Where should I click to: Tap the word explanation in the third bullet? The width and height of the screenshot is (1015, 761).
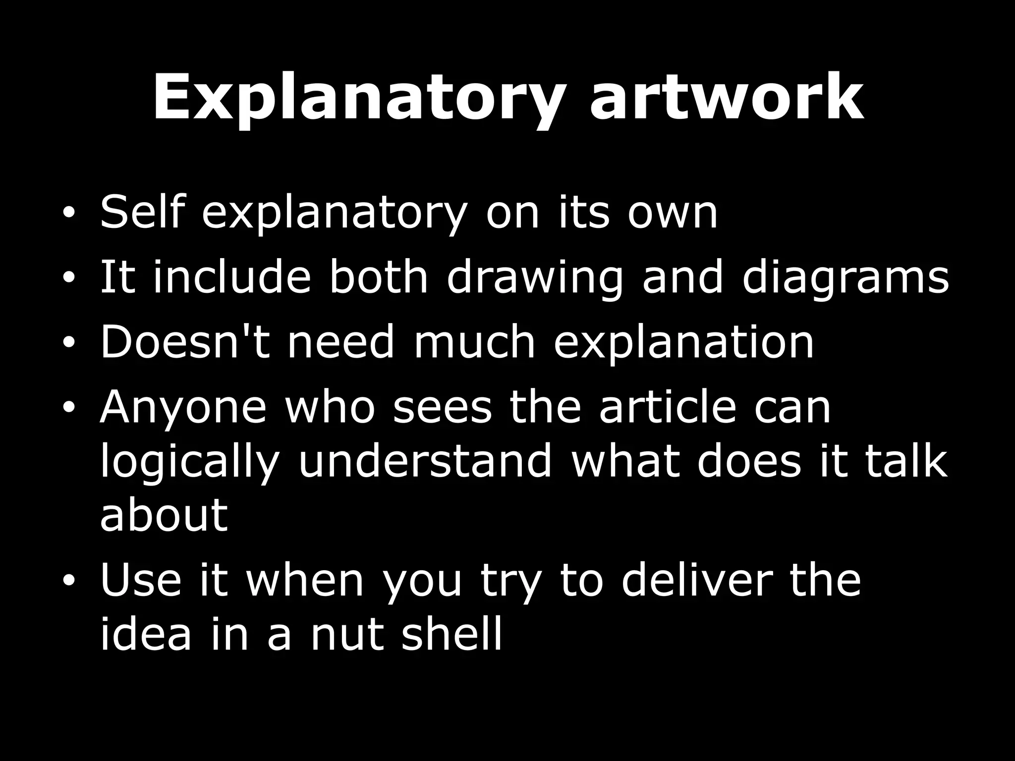(683, 343)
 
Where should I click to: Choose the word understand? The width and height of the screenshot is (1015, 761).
(425, 461)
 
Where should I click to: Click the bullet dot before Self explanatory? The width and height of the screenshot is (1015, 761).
(69, 214)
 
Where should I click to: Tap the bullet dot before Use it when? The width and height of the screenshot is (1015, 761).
(69, 581)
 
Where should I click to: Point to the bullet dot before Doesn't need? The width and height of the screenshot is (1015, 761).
(69, 342)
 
